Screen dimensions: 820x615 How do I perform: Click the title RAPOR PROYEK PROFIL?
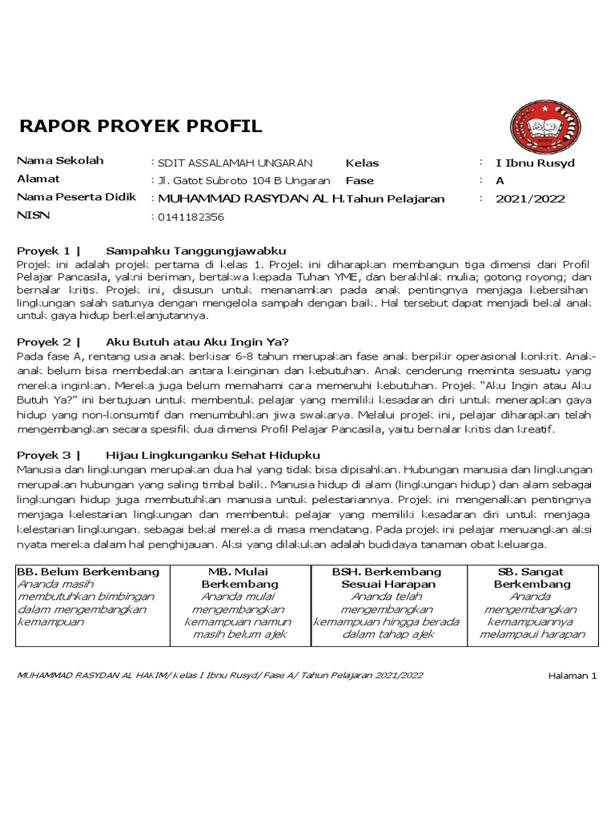[139, 126]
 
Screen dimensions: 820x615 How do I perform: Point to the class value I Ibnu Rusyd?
[535, 163]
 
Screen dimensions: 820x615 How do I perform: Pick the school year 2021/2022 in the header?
[530, 199]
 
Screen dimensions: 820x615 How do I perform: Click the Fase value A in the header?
[500, 180]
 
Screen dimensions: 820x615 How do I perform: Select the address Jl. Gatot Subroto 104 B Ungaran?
[239, 180]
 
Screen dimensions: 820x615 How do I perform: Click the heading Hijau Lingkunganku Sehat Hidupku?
[207, 455]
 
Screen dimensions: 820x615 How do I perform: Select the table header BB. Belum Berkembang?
[88, 572]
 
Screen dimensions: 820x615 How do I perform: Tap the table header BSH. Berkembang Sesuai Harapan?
[387, 577]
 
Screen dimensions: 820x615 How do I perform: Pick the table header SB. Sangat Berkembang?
[531, 577]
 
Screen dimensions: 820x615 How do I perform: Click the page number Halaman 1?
[573, 675]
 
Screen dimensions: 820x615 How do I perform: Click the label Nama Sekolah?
[60, 161]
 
